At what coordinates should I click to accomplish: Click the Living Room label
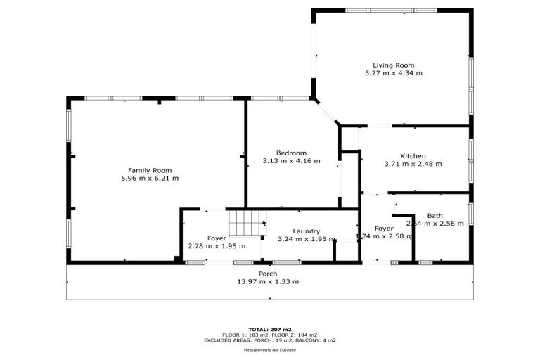coord(393,65)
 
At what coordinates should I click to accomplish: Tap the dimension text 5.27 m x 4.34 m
coord(393,73)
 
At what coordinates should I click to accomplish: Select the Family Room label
coord(150,170)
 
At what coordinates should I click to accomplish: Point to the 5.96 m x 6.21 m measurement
coord(150,179)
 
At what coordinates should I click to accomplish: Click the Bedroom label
coord(291,153)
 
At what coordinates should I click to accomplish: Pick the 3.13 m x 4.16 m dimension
coord(291,161)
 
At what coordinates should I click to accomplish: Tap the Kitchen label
coord(413,156)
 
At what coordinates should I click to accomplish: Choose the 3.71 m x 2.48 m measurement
coord(413,164)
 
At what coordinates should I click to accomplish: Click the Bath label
coord(435,216)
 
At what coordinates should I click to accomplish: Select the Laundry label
coord(307,231)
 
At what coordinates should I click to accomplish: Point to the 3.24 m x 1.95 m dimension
coord(307,239)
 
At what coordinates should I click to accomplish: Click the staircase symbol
coord(246,224)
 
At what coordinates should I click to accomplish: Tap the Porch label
coord(267,274)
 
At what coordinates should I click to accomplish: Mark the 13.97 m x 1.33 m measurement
coord(267,282)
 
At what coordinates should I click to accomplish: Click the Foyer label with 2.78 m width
coord(217,238)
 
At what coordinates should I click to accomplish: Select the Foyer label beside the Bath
coord(384,229)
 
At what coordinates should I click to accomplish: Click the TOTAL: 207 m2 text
coord(269,329)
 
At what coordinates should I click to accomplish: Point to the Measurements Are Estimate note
coord(269,349)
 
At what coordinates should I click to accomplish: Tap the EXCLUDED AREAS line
coord(269,340)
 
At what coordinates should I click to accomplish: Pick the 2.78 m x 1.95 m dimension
coord(217,246)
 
